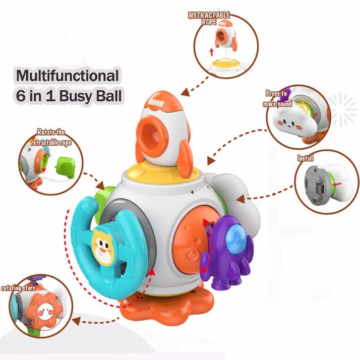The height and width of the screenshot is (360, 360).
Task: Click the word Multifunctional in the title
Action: pos(68,75)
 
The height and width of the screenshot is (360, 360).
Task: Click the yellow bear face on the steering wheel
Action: pos(103,246)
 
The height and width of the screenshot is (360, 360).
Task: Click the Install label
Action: pos(305,159)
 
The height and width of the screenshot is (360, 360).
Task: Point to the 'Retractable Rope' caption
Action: pos(209,18)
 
